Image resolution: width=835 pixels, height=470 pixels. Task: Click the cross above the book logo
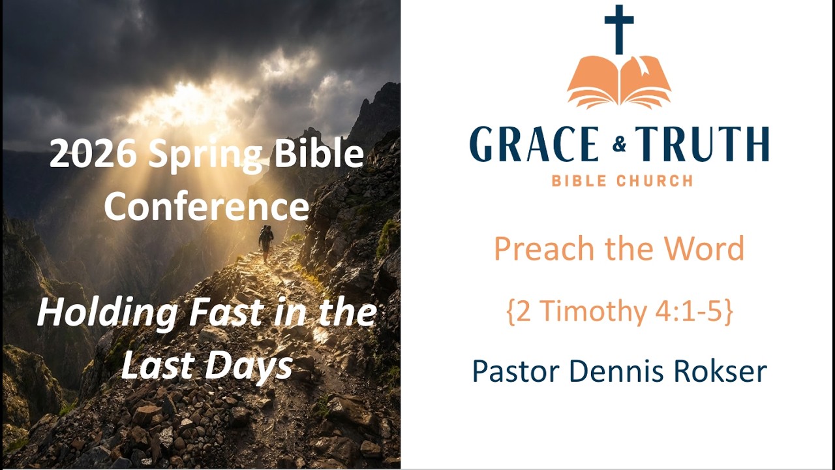[x=619, y=29]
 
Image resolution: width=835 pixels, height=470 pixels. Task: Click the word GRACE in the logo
[x=534, y=145]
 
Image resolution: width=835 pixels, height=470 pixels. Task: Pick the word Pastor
[x=514, y=371]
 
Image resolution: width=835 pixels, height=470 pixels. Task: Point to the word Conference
[x=206, y=206]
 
